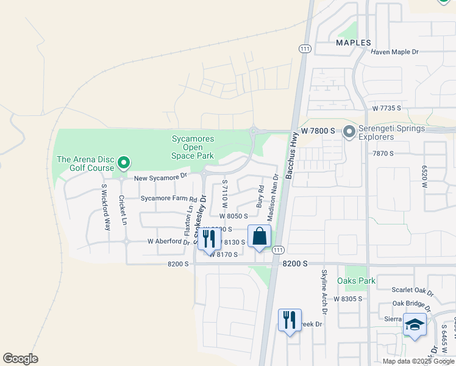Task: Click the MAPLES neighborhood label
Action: pos(354,43)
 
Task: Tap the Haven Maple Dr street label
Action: pos(394,52)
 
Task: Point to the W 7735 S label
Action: pos(387,108)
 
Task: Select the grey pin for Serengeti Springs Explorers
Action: pos(349,131)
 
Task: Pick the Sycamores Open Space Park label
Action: pos(193,147)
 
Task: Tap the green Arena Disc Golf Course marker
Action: pos(124,162)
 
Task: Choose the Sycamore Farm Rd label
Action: pos(169,199)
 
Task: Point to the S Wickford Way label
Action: pos(105,207)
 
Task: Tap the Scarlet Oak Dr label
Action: pos(414,293)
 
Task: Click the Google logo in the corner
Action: pos(20,359)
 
